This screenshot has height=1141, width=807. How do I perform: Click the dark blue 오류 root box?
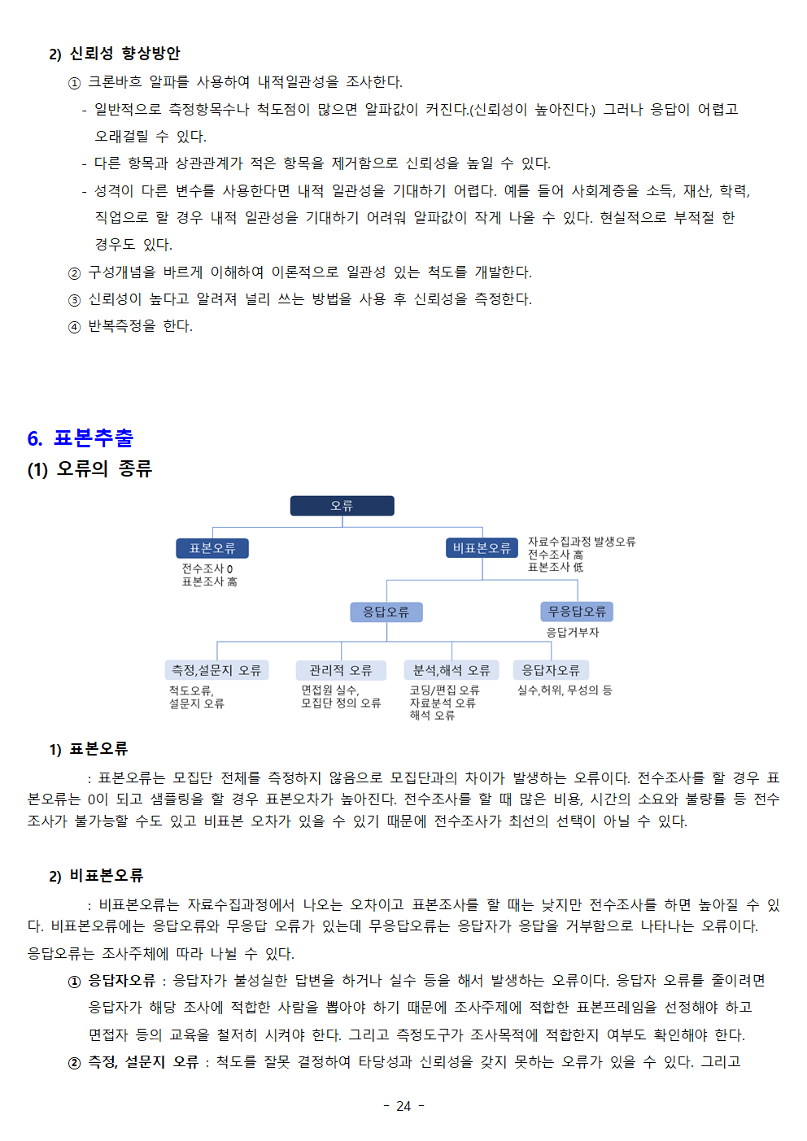[x=342, y=506]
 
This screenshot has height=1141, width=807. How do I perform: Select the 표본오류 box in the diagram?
[x=212, y=548]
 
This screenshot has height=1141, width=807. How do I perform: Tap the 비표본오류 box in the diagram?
[x=482, y=548]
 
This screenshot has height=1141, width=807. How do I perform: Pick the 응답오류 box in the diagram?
[x=386, y=612]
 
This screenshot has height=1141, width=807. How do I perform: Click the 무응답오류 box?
[x=577, y=611]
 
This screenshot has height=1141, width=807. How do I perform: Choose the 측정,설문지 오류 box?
[x=216, y=670]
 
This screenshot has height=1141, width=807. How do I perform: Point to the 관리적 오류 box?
[x=341, y=670]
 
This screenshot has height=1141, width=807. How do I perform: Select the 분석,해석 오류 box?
[x=451, y=670]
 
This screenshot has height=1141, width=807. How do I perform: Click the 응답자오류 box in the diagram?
[x=551, y=670]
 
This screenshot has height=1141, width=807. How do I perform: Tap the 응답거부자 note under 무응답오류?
[x=573, y=633]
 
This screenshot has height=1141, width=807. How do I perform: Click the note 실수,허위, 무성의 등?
[x=565, y=690]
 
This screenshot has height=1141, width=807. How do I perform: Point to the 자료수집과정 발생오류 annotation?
[x=582, y=542]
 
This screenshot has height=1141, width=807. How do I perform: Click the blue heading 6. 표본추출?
[x=81, y=438]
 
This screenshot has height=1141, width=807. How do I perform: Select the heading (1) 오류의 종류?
[x=89, y=469]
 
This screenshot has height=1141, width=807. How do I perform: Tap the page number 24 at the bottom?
[x=403, y=1106]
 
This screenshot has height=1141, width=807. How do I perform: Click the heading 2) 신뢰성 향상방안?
[x=115, y=54]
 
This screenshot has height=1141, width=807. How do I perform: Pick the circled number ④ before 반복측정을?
[x=74, y=327]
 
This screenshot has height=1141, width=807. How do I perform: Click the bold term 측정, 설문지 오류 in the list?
[x=143, y=1062]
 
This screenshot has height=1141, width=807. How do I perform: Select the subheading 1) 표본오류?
[x=89, y=749]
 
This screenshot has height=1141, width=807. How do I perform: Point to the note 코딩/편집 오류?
[x=444, y=690]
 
